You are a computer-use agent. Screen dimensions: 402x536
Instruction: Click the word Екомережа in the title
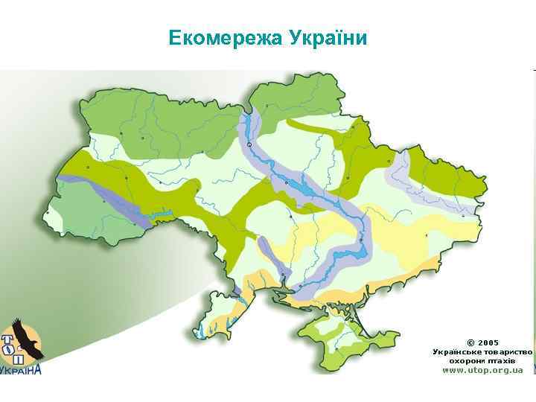coord(220,37)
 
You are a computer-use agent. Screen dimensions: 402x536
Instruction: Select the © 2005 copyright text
coord(482,342)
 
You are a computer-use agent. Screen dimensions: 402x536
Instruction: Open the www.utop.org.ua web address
coord(482,369)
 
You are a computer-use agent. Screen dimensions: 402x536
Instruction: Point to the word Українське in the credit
coord(458,351)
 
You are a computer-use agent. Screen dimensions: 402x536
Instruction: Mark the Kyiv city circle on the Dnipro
coord(249,144)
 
